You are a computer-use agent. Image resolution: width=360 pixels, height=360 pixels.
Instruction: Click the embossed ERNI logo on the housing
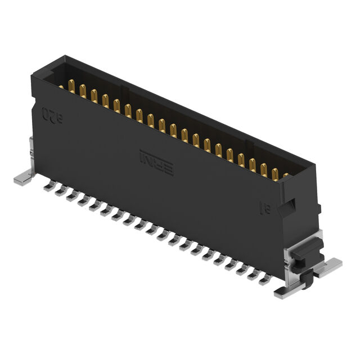click(156, 162)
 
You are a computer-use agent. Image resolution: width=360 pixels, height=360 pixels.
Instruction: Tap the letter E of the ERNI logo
click(167, 168)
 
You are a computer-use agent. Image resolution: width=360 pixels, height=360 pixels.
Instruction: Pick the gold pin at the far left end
click(61, 86)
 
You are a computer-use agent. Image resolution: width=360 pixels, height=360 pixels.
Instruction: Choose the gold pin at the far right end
click(285, 175)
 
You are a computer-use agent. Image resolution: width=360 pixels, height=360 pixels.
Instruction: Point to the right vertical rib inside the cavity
click(253, 147)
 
